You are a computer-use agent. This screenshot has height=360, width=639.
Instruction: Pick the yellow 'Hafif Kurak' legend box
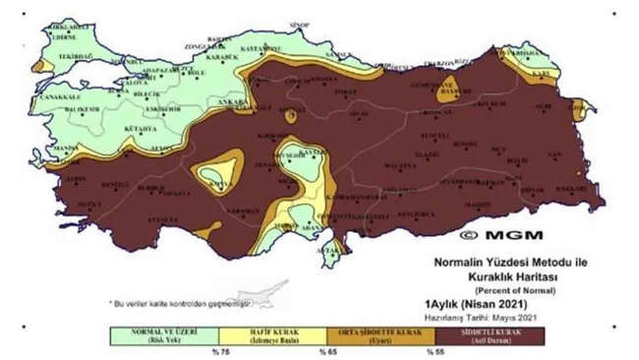(266, 336)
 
